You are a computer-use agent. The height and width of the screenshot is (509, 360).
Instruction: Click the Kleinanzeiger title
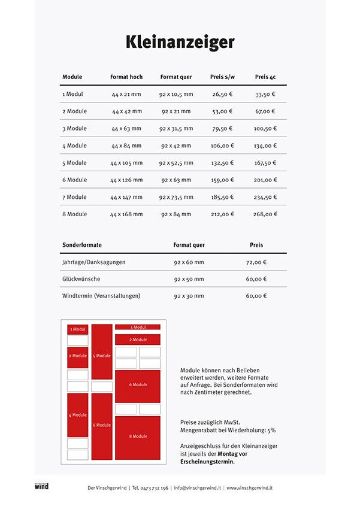coord(180,42)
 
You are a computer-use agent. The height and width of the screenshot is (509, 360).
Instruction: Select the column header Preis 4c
coord(265,77)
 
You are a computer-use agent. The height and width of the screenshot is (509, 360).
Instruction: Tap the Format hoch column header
coord(126,77)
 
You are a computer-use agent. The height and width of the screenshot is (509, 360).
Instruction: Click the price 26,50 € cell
coord(222,94)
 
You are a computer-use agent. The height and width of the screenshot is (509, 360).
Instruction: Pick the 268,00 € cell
coord(265,214)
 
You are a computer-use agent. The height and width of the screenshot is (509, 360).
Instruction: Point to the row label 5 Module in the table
coord(74,163)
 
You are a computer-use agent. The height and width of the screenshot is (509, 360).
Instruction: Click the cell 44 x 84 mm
coord(126,146)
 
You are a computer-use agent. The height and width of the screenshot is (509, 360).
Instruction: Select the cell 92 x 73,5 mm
coord(176,197)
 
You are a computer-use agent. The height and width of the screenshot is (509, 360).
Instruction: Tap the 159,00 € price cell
coord(222,180)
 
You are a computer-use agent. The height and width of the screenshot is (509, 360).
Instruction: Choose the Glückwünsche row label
coord(81,279)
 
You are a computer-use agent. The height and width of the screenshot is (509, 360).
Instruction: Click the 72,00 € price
coord(256,262)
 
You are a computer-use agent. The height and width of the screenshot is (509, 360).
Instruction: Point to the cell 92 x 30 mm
coord(189,296)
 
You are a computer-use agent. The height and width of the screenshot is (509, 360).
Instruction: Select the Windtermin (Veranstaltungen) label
coord(101,296)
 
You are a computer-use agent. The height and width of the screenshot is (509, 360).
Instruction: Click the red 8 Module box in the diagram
coord(138,437)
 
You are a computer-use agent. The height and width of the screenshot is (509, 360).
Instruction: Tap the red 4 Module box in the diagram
coord(77,415)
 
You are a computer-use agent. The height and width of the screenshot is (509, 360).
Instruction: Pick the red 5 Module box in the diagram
coord(102,356)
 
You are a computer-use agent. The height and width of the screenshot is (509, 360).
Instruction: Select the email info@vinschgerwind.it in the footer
coord(198,488)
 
